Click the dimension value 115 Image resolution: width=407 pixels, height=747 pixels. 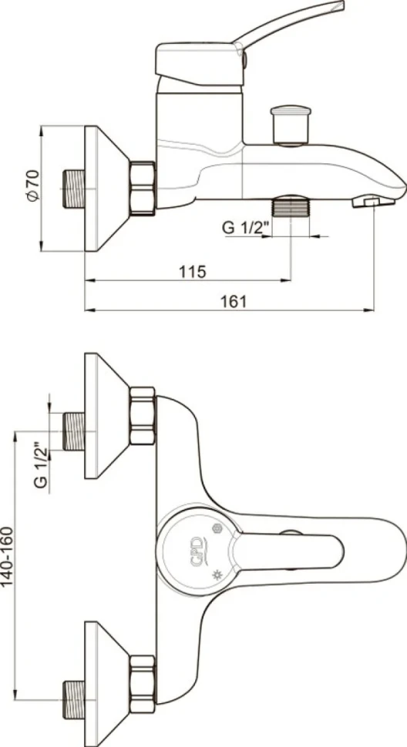click(x=193, y=272)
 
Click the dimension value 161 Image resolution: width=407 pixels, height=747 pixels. click(x=233, y=302)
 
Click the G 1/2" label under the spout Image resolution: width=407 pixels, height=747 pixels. click(x=246, y=228)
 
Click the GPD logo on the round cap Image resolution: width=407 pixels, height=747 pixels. click(x=197, y=553)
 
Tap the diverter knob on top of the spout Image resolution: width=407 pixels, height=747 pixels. click(x=291, y=125)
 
